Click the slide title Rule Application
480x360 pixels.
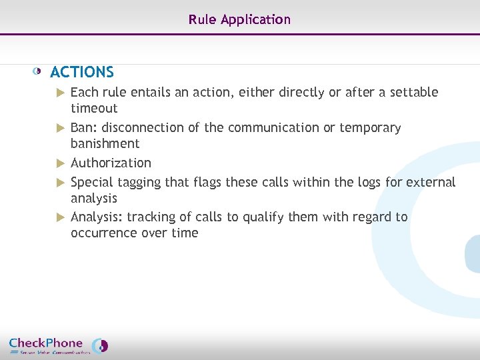click(239, 19)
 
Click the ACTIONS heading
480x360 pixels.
click(82, 72)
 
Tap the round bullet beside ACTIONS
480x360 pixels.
click(38, 71)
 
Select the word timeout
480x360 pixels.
click(94, 108)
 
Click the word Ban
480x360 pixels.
click(83, 127)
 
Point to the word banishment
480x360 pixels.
click(105, 143)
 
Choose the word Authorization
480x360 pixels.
click(111, 163)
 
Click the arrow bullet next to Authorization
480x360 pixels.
click(60, 163)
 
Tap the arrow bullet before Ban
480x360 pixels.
click(60, 127)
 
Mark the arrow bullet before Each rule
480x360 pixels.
click(60, 92)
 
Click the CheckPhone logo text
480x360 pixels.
click(46, 343)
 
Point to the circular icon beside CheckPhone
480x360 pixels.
click(100, 345)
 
